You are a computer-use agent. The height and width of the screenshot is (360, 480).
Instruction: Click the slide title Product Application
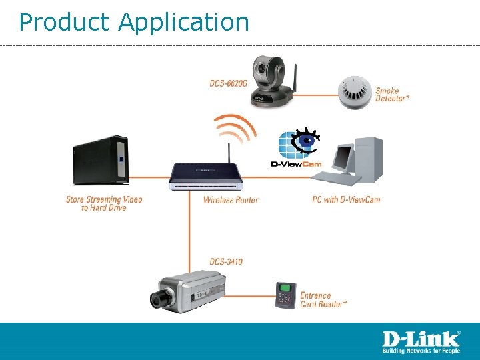133,22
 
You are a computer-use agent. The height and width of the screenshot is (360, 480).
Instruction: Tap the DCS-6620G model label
228,83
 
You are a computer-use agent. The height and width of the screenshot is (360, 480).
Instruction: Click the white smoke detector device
353,93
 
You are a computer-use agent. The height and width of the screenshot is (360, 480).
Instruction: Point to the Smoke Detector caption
392,95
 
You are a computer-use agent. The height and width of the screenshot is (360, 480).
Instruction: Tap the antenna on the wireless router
229,151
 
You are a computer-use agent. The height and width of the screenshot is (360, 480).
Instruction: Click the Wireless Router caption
231,200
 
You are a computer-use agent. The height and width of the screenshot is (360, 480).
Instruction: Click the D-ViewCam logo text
295,164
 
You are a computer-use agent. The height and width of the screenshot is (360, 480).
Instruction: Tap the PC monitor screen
343,157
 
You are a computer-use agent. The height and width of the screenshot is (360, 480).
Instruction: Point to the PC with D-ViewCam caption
346,199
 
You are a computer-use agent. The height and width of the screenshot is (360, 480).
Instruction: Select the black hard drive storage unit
99,161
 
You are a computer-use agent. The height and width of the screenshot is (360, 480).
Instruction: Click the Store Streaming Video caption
104,203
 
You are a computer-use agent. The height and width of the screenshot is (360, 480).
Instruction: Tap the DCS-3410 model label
226,261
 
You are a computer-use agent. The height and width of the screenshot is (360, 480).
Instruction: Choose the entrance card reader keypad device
286,295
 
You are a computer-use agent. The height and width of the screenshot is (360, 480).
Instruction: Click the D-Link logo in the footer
420,341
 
